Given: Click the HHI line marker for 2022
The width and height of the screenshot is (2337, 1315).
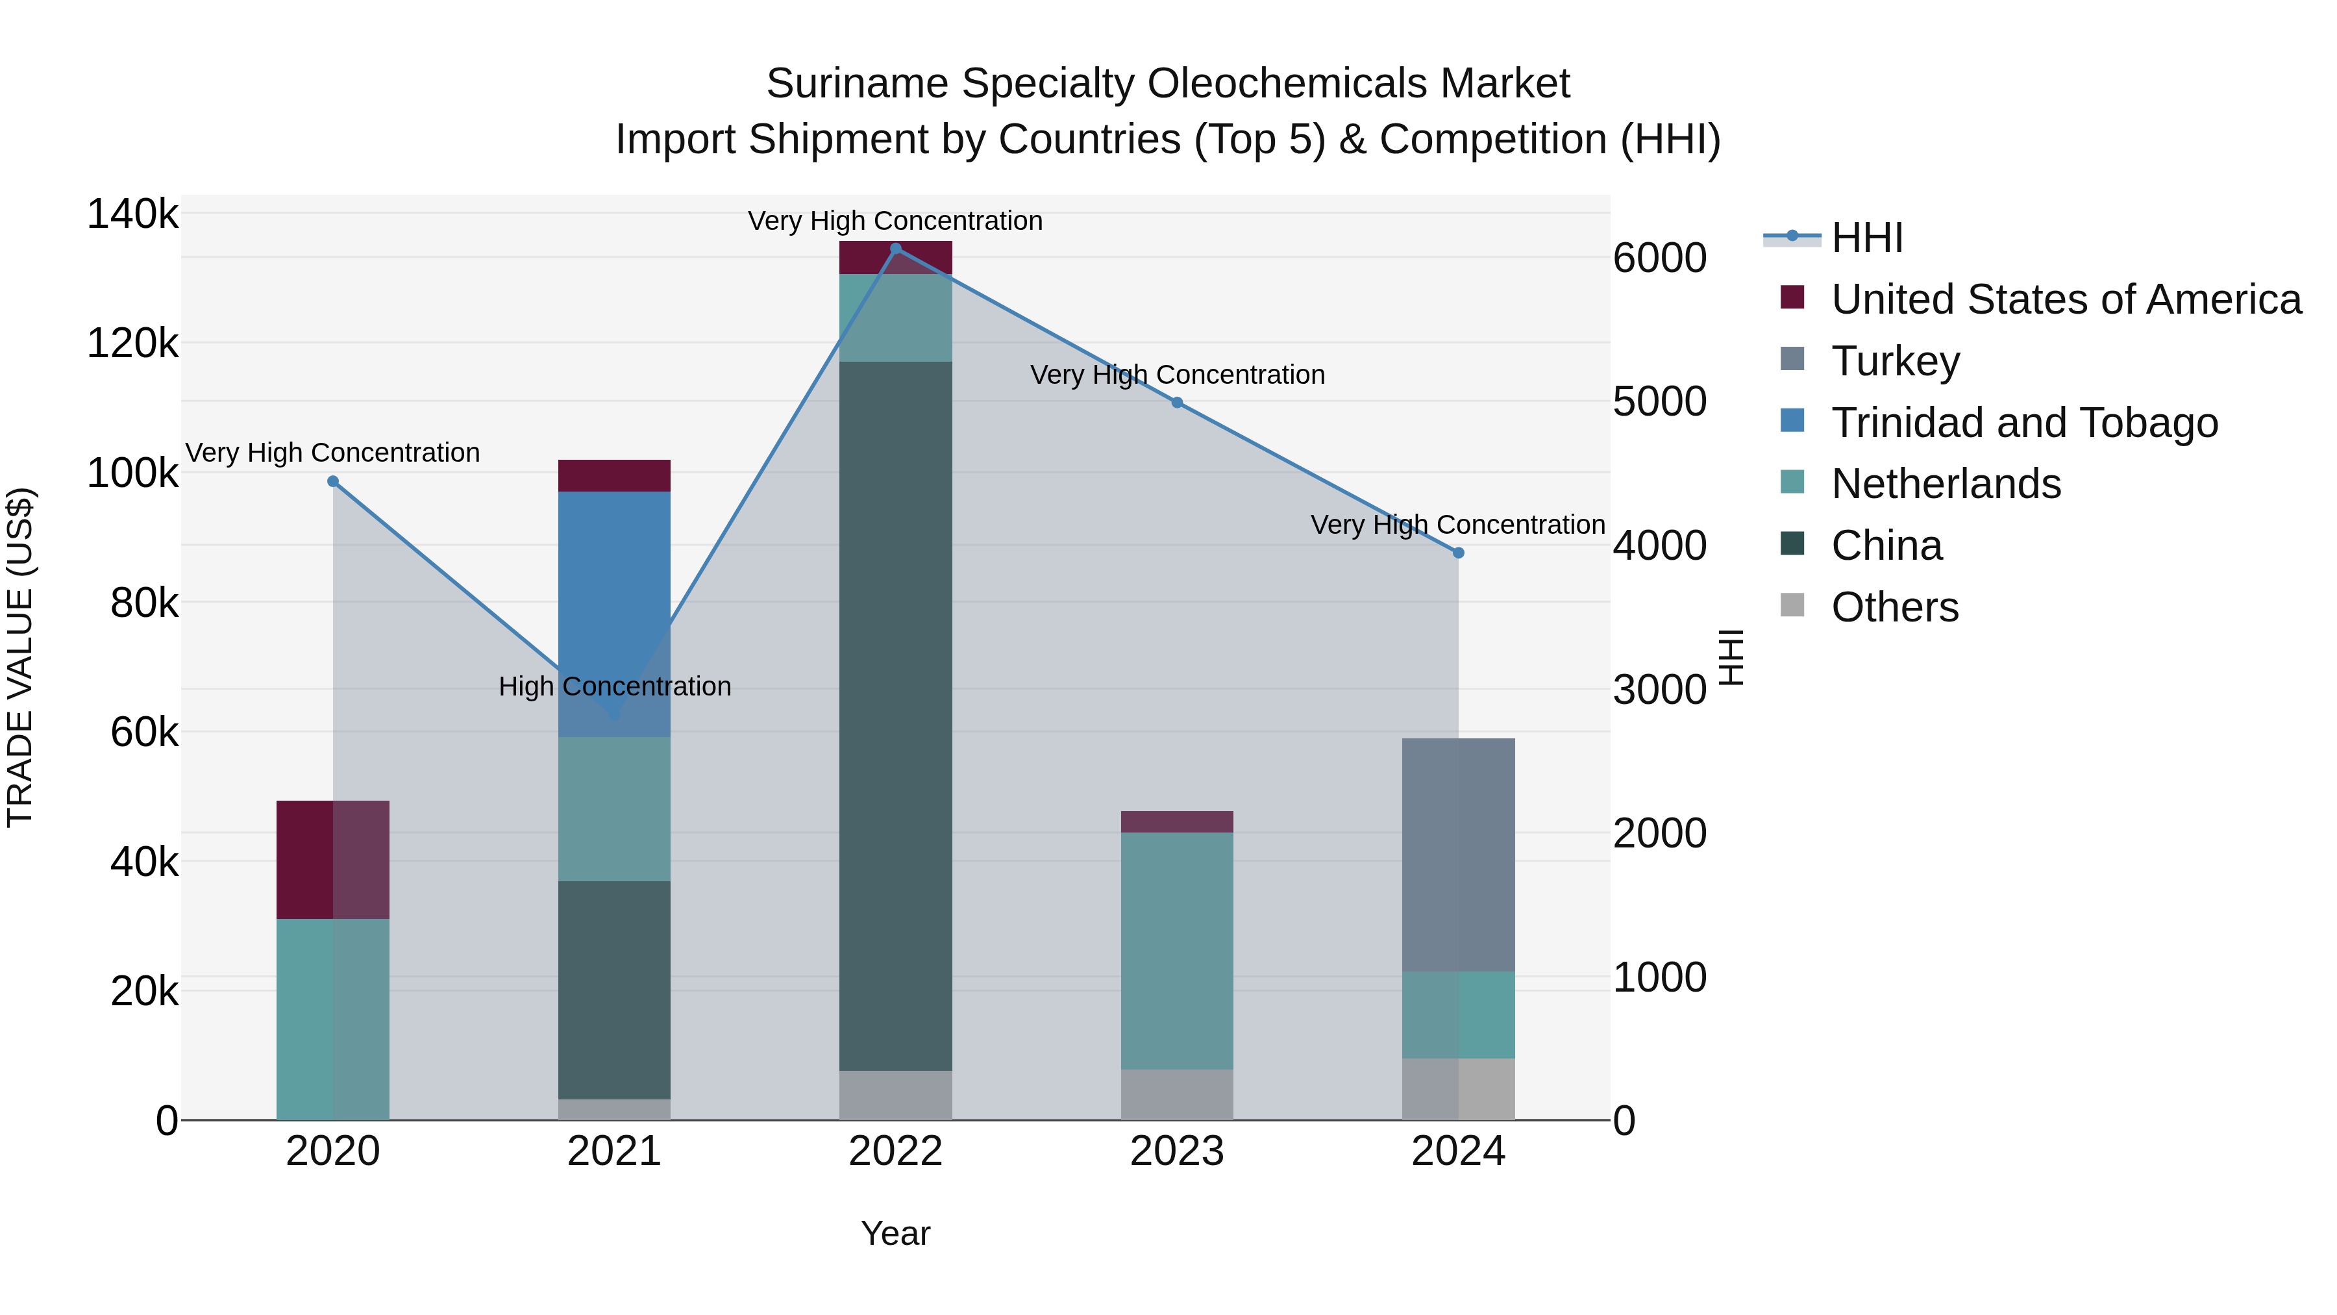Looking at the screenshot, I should pos(895,248).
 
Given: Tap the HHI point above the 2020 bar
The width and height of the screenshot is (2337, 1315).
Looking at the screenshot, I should pos(333,482).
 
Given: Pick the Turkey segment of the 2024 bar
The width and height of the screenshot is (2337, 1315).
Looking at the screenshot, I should pos(1458,854).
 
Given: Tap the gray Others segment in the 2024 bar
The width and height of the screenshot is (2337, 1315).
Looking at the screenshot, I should pos(1458,1088).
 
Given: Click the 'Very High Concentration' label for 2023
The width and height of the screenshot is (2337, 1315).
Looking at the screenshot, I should pos(1177,375).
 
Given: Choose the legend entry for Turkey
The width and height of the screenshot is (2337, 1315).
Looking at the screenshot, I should pos(1895,361).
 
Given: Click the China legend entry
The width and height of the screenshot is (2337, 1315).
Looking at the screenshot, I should pos(1886,545).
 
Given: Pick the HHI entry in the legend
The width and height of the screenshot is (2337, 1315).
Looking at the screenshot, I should pos(1866,238).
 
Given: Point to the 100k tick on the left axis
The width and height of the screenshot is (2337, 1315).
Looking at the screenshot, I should pos(132,473).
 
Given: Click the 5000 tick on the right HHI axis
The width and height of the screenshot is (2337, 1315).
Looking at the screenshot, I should pos(1659,401).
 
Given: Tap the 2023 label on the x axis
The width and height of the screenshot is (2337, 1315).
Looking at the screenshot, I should pos(1177,1151).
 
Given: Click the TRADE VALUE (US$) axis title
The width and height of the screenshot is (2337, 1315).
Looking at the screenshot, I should pos(21,657).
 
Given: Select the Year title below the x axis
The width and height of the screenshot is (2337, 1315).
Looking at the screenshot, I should pos(895,1233).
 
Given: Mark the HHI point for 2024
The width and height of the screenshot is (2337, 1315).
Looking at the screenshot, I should pos(1458,553).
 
